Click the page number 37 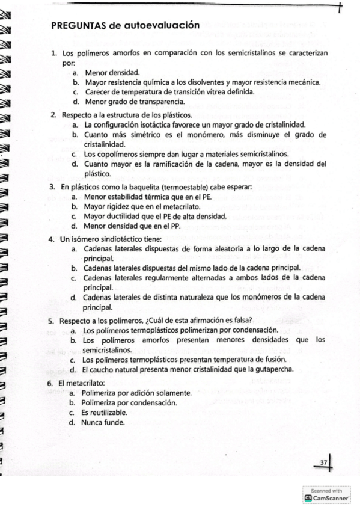point(323,462)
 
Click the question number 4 point(52,239)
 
